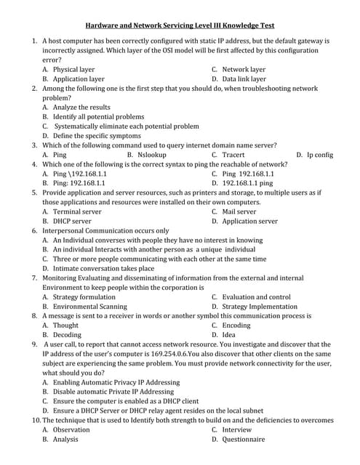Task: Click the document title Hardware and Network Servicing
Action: coord(180,24)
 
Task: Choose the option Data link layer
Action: coord(244,79)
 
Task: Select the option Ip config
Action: coord(319,155)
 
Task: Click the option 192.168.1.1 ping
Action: coord(247,183)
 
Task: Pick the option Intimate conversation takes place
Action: coord(103,268)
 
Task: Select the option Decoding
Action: coord(67,335)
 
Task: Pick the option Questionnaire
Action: coord(244,439)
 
